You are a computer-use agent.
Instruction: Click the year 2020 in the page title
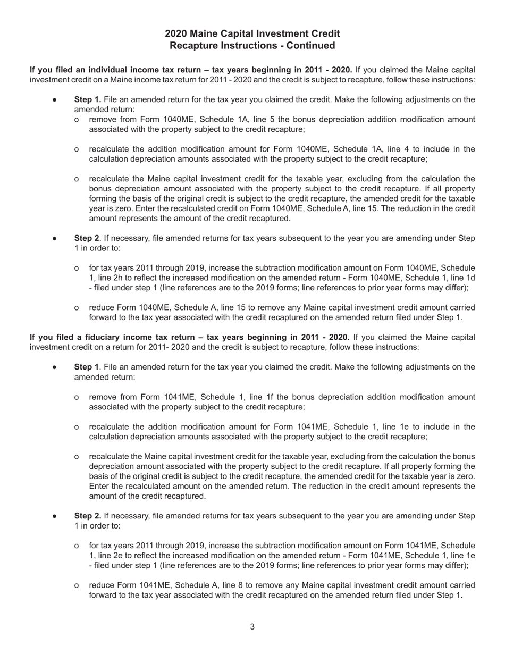[176, 34]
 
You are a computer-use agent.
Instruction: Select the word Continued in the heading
[311, 46]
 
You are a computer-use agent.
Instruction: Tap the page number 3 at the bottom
[252, 627]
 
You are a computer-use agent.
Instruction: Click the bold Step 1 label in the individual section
[88, 99]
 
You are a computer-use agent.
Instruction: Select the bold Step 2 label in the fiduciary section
[88, 516]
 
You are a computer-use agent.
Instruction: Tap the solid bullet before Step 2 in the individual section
[55, 238]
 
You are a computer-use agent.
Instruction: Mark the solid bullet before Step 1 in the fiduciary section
[55, 367]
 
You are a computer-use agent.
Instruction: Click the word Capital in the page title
[239, 34]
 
